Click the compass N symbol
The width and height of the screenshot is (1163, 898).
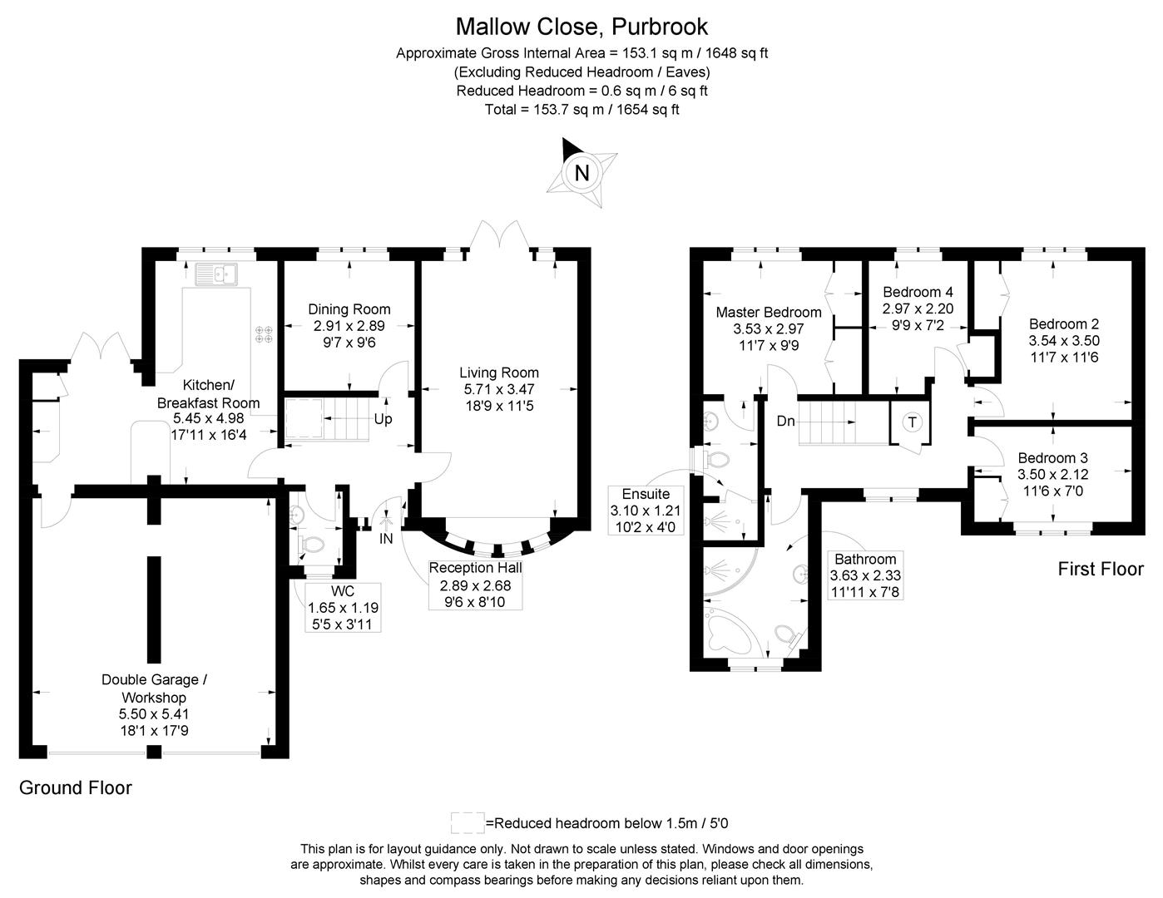(x=582, y=173)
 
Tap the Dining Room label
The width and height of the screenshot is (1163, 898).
(x=349, y=309)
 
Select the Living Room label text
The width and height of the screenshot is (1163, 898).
(x=499, y=373)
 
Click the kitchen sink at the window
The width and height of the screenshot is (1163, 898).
(x=215, y=273)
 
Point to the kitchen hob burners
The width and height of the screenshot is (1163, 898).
(x=265, y=334)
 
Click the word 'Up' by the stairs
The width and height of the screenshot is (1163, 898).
(x=383, y=419)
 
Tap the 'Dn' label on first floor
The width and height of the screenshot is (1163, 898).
(x=785, y=422)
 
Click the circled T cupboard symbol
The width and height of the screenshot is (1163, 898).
(x=913, y=422)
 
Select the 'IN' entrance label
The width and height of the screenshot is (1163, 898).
(x=386, y=539)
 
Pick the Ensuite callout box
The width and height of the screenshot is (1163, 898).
(x=646, y=511)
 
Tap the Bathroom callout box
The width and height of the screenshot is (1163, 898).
(x=865, y=575)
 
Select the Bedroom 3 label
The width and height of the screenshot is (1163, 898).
(x=1052, y=458)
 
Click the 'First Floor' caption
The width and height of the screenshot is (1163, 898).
(x=1100, y=570)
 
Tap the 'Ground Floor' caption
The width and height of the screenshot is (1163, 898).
(x=76, y=787)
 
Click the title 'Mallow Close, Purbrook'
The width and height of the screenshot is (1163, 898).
(x=581, y=27)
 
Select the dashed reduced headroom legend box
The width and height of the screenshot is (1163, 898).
(x=467, y=823)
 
